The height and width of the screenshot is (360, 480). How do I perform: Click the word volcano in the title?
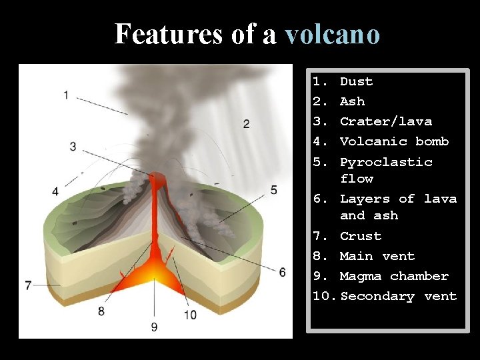pos(332,34)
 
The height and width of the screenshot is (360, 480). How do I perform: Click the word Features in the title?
pos(169,34)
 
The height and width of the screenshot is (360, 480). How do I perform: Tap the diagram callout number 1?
pos(66,95)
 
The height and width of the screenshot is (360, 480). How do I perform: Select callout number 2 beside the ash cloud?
pos(247,123)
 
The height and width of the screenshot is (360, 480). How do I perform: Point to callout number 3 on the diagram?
pos(73,147)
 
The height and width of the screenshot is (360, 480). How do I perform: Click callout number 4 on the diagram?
pos(55,191)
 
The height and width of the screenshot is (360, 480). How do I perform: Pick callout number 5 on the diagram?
pos(273,190)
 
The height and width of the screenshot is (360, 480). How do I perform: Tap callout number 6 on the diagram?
pos(282,272)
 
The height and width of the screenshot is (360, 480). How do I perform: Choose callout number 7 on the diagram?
pos(28,285)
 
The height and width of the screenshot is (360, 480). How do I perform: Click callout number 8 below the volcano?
pos(101,311)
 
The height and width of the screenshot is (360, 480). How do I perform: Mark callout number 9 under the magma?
pos(154,327)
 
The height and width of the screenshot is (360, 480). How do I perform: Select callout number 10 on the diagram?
pos(190,315)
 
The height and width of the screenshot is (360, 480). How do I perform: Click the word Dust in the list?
pos(356,81)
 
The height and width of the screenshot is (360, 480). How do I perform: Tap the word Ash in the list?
pos(352,101)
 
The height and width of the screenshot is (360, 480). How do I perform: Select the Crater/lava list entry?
pos(385,121)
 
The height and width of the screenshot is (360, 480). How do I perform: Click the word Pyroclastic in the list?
pos(386,162)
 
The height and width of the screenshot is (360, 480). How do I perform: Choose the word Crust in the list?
pos(360,236)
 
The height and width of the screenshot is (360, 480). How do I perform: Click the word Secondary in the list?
pos(377,296)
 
